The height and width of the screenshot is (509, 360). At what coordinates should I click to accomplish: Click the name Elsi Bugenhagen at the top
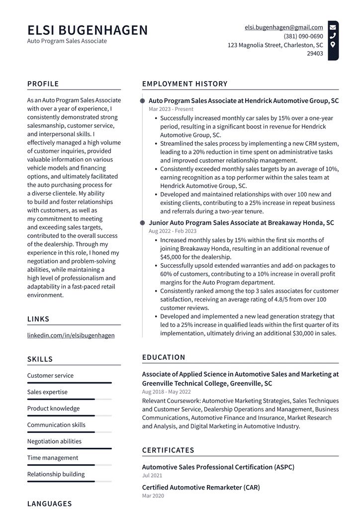(88, 30)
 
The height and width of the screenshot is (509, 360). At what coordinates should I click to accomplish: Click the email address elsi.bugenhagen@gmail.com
(283, 27)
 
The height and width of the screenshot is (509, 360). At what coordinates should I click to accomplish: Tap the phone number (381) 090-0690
(303, 36)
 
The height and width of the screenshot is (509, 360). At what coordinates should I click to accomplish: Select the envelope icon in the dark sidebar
(333, 27)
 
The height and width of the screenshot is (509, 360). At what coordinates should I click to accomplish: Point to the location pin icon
(333, 45)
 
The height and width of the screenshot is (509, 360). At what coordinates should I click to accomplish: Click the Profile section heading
(43, 84)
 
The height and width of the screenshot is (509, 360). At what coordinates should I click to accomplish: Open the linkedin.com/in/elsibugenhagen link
(71, 335)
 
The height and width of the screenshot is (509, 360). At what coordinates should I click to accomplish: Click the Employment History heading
(184, 84)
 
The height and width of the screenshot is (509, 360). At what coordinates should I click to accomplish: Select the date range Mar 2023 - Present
(171, 109)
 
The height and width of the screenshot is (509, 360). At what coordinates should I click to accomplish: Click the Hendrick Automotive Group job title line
(244, 101)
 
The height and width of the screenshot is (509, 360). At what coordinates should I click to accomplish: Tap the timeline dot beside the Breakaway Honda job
(143, 223)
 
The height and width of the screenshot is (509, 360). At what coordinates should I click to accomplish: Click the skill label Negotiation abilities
(54, 441)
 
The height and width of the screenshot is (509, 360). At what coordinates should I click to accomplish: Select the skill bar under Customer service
(70, 383)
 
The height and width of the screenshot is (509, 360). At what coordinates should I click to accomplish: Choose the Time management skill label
(53, 458)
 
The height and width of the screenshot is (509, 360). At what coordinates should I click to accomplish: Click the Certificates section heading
(168, 450)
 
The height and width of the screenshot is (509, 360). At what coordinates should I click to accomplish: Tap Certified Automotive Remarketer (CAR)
(201, 488)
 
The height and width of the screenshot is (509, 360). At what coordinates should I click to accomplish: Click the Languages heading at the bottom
(50, 504)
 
